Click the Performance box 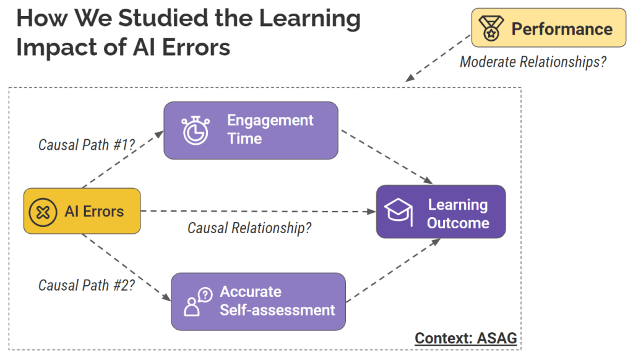tap(548, 28)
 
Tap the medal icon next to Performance tap(491, 28)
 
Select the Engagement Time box tap(251, 130)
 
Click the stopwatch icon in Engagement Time tap(195, 130)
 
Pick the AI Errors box tap(82, 211)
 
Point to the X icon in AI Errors tap(42, 212)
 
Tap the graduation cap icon tap(398, 212)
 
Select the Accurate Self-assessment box tap(258, 301)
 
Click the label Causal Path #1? tap(87, 144)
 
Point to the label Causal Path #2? tap(87, 285)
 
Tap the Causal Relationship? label tap(249, 228)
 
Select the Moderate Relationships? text tap(533, 62)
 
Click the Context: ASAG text tap(465, 338)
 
